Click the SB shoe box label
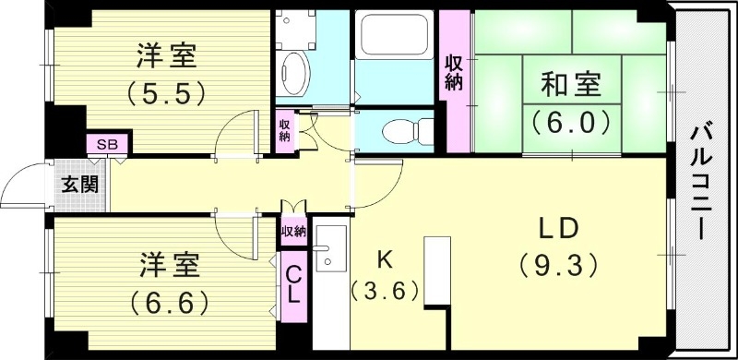click(x=107, y=144)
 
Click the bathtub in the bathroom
click(x=396, y=36)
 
